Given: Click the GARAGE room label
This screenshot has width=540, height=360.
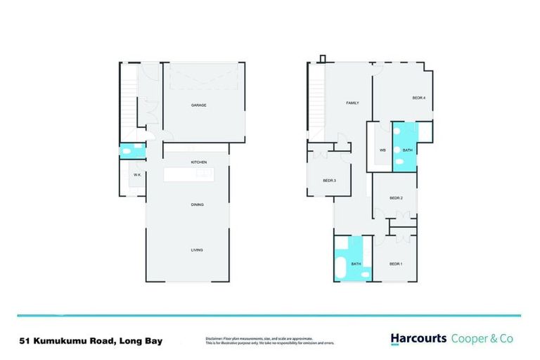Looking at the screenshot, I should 198,105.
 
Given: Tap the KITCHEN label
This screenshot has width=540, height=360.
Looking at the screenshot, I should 198,162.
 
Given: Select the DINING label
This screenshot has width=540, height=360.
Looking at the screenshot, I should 198,205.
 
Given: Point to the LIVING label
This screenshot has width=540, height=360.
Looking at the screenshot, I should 198,250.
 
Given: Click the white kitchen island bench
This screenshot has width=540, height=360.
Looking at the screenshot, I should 196,174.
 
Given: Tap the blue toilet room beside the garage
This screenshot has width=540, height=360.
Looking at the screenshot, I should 131,150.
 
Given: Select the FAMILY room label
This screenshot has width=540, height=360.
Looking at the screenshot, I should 352,103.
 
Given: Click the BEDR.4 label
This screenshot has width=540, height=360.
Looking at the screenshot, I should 418,98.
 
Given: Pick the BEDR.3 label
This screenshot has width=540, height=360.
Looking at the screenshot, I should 329,181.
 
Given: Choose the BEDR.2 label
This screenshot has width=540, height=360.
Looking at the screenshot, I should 396,198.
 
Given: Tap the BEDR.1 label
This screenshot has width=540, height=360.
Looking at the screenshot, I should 396,264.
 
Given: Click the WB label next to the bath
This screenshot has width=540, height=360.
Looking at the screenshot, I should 382,150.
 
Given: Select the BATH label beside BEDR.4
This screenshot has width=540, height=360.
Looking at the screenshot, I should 407,150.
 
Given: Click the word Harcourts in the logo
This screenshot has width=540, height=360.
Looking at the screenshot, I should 418,339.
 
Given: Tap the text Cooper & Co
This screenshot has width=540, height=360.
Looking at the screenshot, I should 482,339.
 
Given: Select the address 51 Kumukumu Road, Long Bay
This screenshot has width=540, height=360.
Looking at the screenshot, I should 91,341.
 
